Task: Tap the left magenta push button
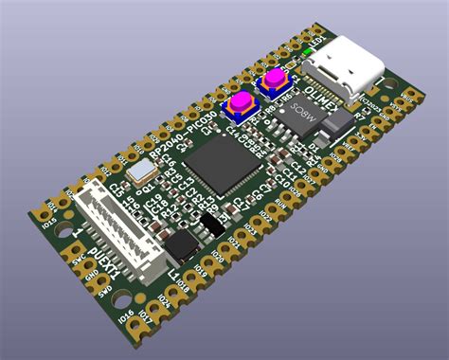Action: [242, 101]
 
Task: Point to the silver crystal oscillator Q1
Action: [144, 171]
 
